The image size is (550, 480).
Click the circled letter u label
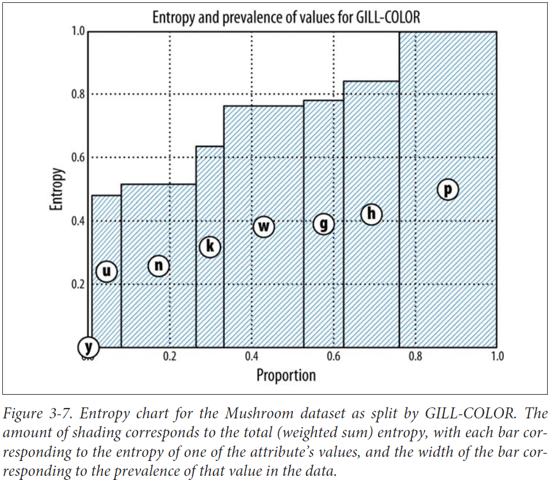click(x=107, y=271)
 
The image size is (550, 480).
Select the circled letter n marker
click(x=160, y=265)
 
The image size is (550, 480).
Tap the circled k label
click(x=210, y=247)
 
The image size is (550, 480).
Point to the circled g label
click(x=324, y=223)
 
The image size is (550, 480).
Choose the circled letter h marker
click(x=372, y=214)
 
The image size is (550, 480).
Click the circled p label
click(x=448, y=189)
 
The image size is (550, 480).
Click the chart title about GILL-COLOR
click(x=286, y=17)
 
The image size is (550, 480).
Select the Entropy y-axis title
click(x=56, y=189)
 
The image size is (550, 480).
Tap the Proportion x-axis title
click(x=286, y=376)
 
